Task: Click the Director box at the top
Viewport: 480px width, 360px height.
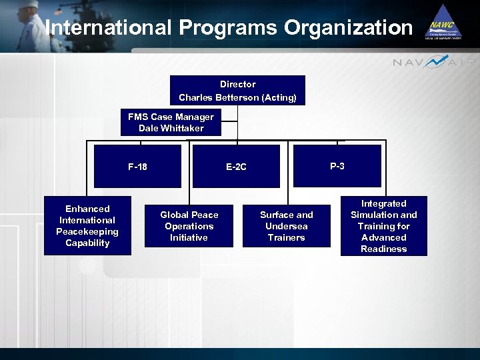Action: click(x=237, y=90)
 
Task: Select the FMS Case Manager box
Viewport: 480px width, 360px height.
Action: click(x=171, y=122)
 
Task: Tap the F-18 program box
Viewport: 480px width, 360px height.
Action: click(x=137, y=167)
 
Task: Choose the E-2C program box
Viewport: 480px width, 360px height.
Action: click(x=236, y=167)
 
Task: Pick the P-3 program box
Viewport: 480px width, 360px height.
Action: click(x=337, y=166)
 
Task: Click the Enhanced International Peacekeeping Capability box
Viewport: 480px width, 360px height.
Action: click(x=87, y=226)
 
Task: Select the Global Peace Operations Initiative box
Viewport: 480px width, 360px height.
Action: click(x=189, y=226)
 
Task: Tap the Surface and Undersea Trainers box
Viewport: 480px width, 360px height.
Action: click(x=286, y=226)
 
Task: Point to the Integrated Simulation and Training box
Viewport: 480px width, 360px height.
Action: click(x=383, y=226)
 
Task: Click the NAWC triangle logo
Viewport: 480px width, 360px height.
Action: click(x=443, y=23)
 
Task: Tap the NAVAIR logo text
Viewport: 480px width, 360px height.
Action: click(x=434, y=62)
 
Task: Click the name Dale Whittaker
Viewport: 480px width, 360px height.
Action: click(x=171, y=128)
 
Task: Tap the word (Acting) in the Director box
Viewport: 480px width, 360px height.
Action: click(x=279, y=97)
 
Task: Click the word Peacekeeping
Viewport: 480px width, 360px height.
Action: click(x=87, y=231)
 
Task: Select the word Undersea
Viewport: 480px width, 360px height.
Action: click(x=286, y=226)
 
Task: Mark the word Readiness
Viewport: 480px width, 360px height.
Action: click(x=383, y=249)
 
